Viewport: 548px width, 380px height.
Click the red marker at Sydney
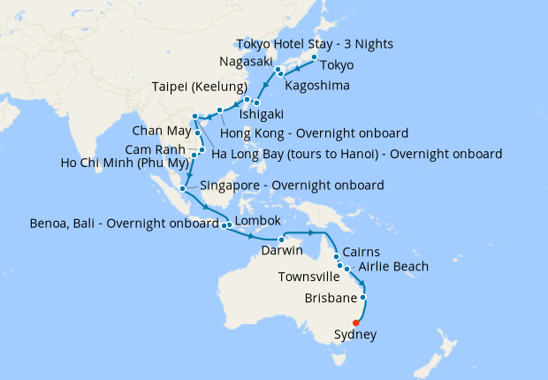[356, 323]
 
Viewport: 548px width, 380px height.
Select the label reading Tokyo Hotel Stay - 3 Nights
[316, 44]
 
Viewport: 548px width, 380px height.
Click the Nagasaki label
[242, 63]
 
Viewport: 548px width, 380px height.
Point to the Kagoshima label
[316, 87]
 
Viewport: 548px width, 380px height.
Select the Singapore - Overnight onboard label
[292, 186]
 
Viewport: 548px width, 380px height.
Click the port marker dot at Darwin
[280, 239]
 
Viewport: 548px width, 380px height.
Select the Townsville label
[307, 277]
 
